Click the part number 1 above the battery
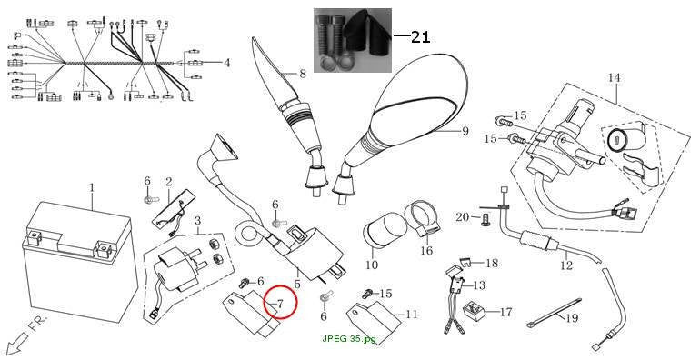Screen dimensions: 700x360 (92, 187)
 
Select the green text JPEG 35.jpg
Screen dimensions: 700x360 (349, 338)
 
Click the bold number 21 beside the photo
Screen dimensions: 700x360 (421, 37)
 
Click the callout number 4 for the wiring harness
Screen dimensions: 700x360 (227, 63)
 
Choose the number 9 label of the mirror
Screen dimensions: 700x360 (465, 131)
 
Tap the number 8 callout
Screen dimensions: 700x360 (303, 74)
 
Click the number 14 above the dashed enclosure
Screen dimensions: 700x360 (615, 77)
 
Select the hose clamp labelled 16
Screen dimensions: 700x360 (422, 219)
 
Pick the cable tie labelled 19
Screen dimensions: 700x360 (554, 312)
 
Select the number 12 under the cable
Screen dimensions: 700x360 (566, 265)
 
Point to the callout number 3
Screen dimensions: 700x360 (198, 221)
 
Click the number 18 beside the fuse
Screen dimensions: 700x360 (492, 264)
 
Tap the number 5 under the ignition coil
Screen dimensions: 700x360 (297, 284)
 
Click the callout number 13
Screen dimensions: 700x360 (479, 285)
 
